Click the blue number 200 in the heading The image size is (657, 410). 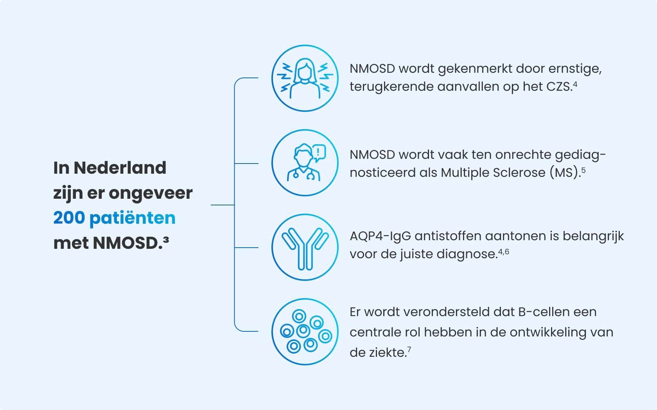[x=69, y=218]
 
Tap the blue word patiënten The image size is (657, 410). [x=132, y=219]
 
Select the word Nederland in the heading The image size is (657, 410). [x=120, y=168]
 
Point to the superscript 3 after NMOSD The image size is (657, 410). [x=166, y=239]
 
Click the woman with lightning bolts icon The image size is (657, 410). [x=305, y=78]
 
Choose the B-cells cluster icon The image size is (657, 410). [x=305, y=332]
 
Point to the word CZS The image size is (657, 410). [x=559, y=87]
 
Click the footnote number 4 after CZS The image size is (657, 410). [x=575, y=85]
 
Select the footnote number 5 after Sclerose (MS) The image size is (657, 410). [x=583, y=170]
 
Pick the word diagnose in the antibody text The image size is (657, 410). [x=467, y=254]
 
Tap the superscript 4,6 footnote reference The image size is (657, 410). [x=504, y=252]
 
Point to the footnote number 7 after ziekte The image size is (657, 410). [x=409, y=349]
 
